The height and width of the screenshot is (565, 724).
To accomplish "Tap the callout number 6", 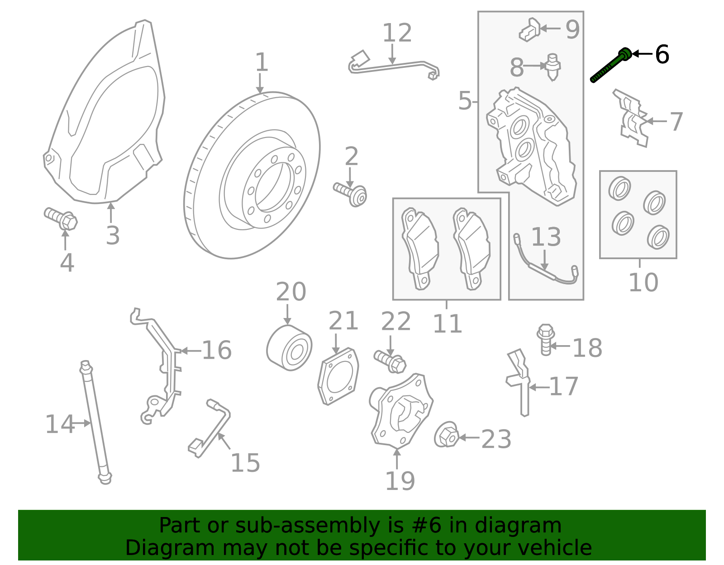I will click(662, 55).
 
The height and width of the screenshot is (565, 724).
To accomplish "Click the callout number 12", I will click(397, 33).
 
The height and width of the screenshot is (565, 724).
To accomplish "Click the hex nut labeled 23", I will click(447, 436).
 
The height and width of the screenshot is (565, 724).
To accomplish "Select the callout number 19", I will click(400, 481).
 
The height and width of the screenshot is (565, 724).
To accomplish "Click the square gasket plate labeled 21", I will click(338, 376).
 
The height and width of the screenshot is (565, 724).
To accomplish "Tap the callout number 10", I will click(643, 283).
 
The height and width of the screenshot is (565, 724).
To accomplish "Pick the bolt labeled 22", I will click(390, 361).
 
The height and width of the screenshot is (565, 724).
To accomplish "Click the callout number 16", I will click(216, 350).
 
